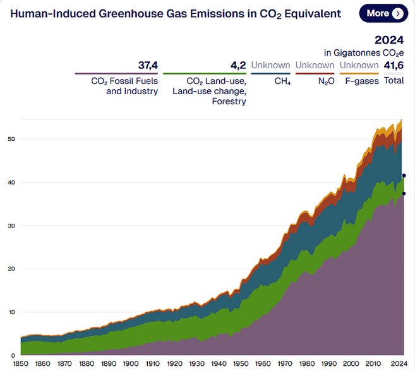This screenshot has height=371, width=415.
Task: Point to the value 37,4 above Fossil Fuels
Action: (x=147, y=65)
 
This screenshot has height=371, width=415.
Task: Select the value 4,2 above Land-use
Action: (x=238, y=65)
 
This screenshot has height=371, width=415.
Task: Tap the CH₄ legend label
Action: (x=282, y=82)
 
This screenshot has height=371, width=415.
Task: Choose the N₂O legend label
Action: (x=325, y=82)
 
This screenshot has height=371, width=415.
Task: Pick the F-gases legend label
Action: (x=363, y=82)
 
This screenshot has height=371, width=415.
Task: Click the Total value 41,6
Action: (x=394, y=65)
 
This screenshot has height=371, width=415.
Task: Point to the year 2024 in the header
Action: (x=389, y=40)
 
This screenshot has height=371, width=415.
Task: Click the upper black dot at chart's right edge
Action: (x=404, y=175)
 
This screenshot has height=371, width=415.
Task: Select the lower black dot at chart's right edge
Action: (x=404, y=193)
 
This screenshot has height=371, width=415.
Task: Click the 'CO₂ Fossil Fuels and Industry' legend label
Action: (x=124, y=86)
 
